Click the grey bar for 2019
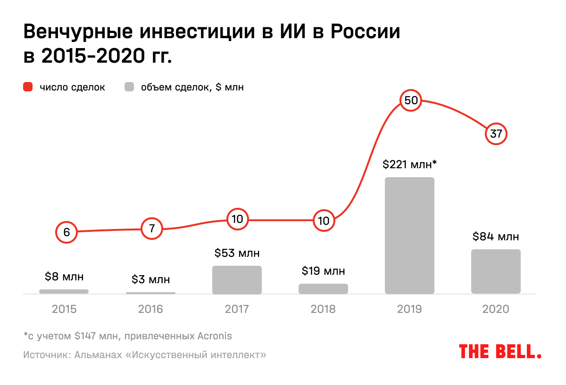point(409,236)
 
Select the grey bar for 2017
point(237,280)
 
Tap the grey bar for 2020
point(496,271)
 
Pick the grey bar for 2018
point(323,289)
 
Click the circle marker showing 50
point(409,100)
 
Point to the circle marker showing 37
point(496,134)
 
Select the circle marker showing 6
point(66,232)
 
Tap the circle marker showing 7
point(152,229)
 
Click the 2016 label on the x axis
point(150,309)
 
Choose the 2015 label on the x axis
point(64,309)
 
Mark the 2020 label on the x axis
point(496,309)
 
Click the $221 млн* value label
point(409,164)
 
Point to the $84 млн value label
point(496,236)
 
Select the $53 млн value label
point(237,253)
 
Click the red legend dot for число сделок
point(28,87)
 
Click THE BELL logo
point(500,352)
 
